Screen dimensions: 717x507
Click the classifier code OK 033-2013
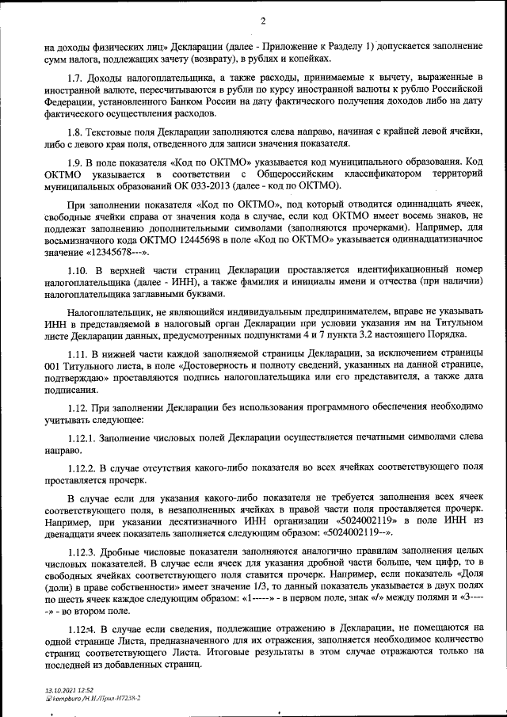(x=210, y=186)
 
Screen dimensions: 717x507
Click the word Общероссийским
(x=278, y=174)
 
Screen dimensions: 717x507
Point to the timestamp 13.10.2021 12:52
(x=68, y=691)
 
